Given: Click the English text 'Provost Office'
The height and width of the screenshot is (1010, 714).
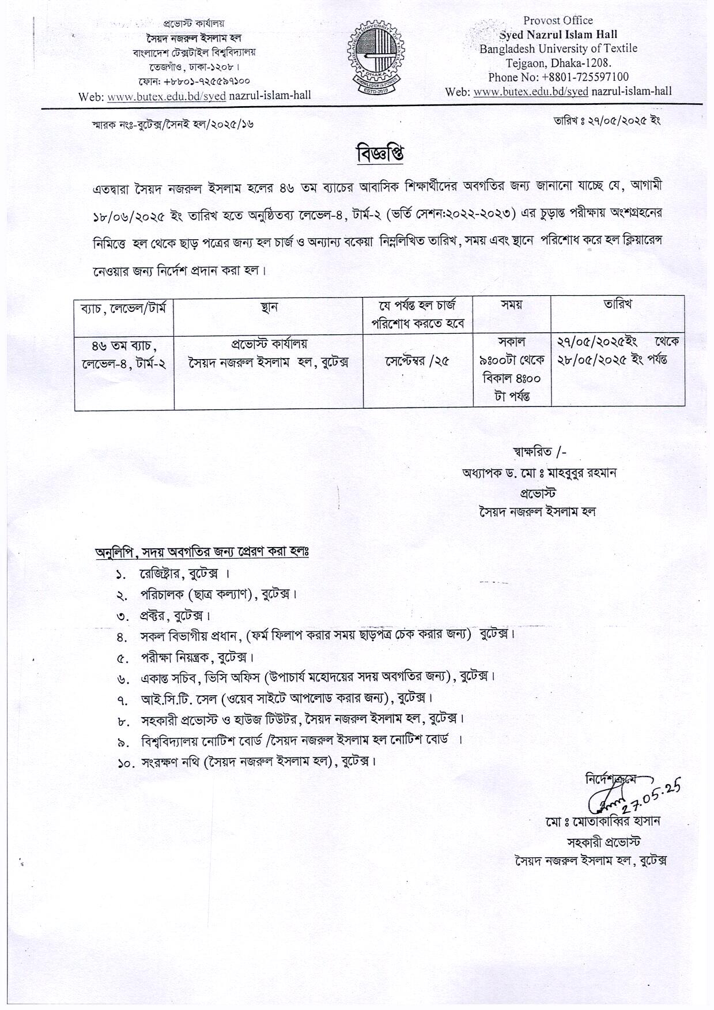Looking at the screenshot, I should pos(557,21).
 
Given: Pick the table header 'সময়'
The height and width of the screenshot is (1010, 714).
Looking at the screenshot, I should pos(512,306).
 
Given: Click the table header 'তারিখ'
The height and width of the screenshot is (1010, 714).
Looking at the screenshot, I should pos(618,305).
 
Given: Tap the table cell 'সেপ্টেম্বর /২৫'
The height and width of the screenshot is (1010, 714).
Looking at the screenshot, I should pos(418,361).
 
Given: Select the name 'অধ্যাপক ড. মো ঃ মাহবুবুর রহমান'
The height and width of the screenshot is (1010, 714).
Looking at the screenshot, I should pos(539,473).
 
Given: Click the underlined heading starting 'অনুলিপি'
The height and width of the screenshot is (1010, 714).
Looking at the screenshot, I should pos(202,552).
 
